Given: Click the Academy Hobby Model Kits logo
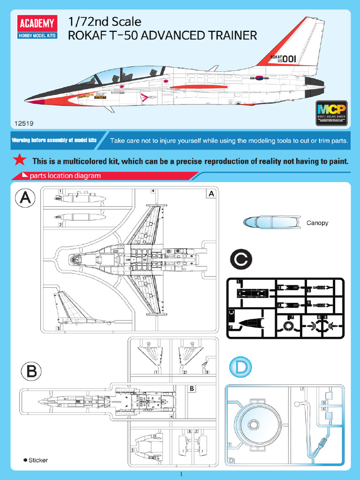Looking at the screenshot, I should pyautogui.click(x=37, y=27).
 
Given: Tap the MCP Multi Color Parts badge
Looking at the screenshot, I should pyautogui.click(x=331, y=113).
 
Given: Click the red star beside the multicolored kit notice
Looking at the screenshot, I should pyautogui.click(x=19, y=160).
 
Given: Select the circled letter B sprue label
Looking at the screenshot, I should pyautogui.click(x=31, y=373).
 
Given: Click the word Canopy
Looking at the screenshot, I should pyautogui.click(x=317, y=223).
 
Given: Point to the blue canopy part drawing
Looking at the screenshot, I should pyautogui.click(x=272, y=222).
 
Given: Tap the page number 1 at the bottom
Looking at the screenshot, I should pyautogui.click(x=180, y=474).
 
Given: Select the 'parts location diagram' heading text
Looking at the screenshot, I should pyautogui.click(x=65, y=176).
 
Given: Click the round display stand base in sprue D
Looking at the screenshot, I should pyautogui.click(x=254, y=424).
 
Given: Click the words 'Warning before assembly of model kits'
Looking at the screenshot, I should pyautogui.click(x=54, y=140).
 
